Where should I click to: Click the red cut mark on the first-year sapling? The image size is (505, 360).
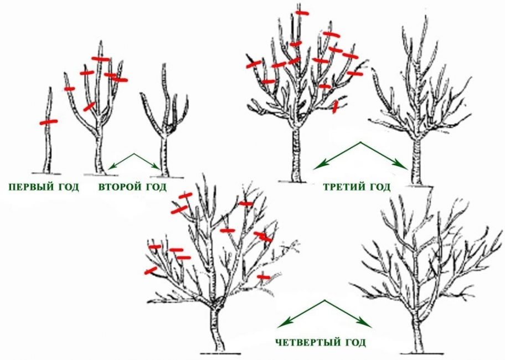point(49,122)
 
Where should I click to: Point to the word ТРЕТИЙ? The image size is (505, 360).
point(342,187)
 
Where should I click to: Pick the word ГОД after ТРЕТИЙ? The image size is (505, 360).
point(379,187)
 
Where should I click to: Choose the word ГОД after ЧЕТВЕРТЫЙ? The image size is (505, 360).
point(354,342)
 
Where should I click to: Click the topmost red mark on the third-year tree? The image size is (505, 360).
point(302,12)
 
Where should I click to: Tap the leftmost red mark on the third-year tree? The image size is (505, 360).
point(253,64)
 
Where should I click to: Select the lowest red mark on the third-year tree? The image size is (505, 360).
point(334,107)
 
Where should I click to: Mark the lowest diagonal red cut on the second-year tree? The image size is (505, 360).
point(89,106)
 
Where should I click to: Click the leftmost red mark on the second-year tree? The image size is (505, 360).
point(69,89)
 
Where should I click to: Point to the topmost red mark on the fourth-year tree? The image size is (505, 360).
point(185,196)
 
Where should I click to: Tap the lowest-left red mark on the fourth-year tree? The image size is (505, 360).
point(150,271)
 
